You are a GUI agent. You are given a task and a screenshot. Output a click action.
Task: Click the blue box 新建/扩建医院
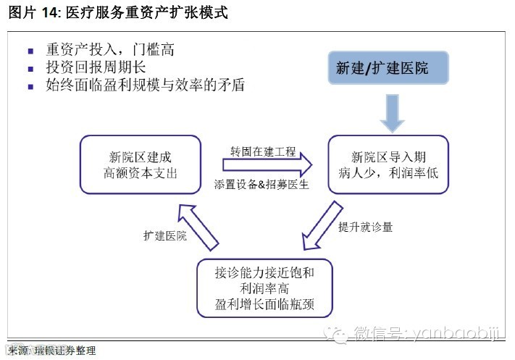point(389,68)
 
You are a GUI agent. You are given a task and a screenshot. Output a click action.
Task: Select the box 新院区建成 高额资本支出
point(140,164)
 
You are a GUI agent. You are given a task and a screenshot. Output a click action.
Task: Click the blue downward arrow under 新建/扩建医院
point(392,112)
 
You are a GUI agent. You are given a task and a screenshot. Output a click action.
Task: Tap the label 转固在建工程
point(263,151)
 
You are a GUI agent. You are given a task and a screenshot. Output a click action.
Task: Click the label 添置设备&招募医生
point(261,185)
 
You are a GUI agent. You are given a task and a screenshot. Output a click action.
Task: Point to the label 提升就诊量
point(365,227)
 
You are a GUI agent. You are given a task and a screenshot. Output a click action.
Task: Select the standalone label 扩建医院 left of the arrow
point(164,235)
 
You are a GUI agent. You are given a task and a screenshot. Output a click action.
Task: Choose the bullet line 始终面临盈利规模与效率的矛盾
point(145,85)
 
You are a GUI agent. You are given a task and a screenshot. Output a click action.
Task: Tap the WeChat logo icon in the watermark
point(338,332)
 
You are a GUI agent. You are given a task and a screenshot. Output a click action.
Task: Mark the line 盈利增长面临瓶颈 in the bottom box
point(264,302)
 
